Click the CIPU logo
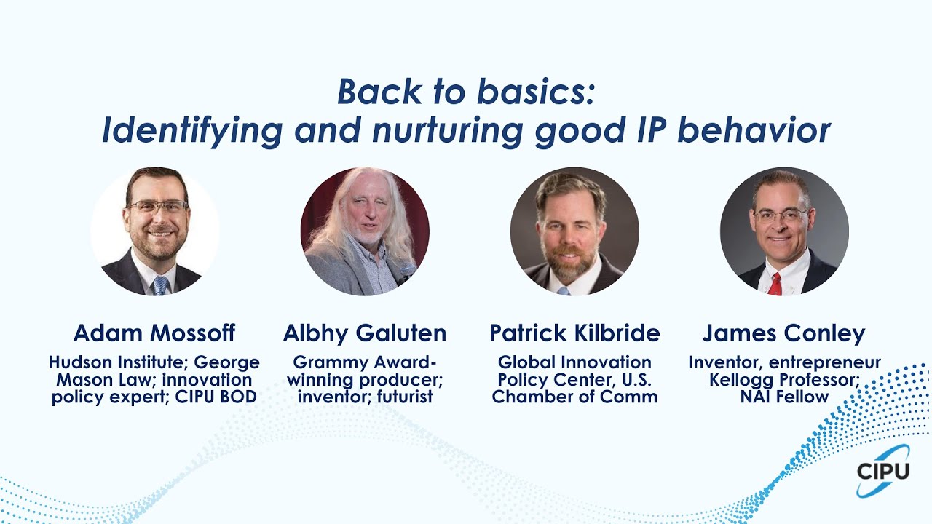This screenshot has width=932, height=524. pyautogui.click(x=882, y=471)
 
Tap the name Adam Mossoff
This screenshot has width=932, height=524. pyautogui.click(x=154, y=333)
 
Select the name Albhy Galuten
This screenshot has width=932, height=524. pyautogui.click(x=365, y=333)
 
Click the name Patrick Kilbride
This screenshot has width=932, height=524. pyautogui.click(x=574, y=333)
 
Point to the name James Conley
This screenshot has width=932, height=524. pyautogui.click(x=784, y=333)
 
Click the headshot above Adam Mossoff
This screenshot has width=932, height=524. pyautogui.click(x=154, y=231)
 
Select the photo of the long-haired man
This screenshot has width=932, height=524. pyautogui.click(x=365, y=231)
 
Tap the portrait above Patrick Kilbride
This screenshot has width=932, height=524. pyautogui.click(x=574, y=231)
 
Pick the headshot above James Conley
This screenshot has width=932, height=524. pyautogui.click(x=784, y=231)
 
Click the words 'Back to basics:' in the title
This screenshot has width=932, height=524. pyautogui.click(x=466, y=92)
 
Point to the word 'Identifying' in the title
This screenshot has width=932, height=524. pyautogui.click(x=192, y=131)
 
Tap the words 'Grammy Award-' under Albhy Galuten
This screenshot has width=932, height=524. pyautogui.click(x=365, y=362)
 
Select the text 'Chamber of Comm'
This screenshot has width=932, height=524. pyautogui.click(x=574, y=397)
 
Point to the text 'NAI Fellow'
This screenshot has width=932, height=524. pyautogui.click(x=784, y=397)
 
